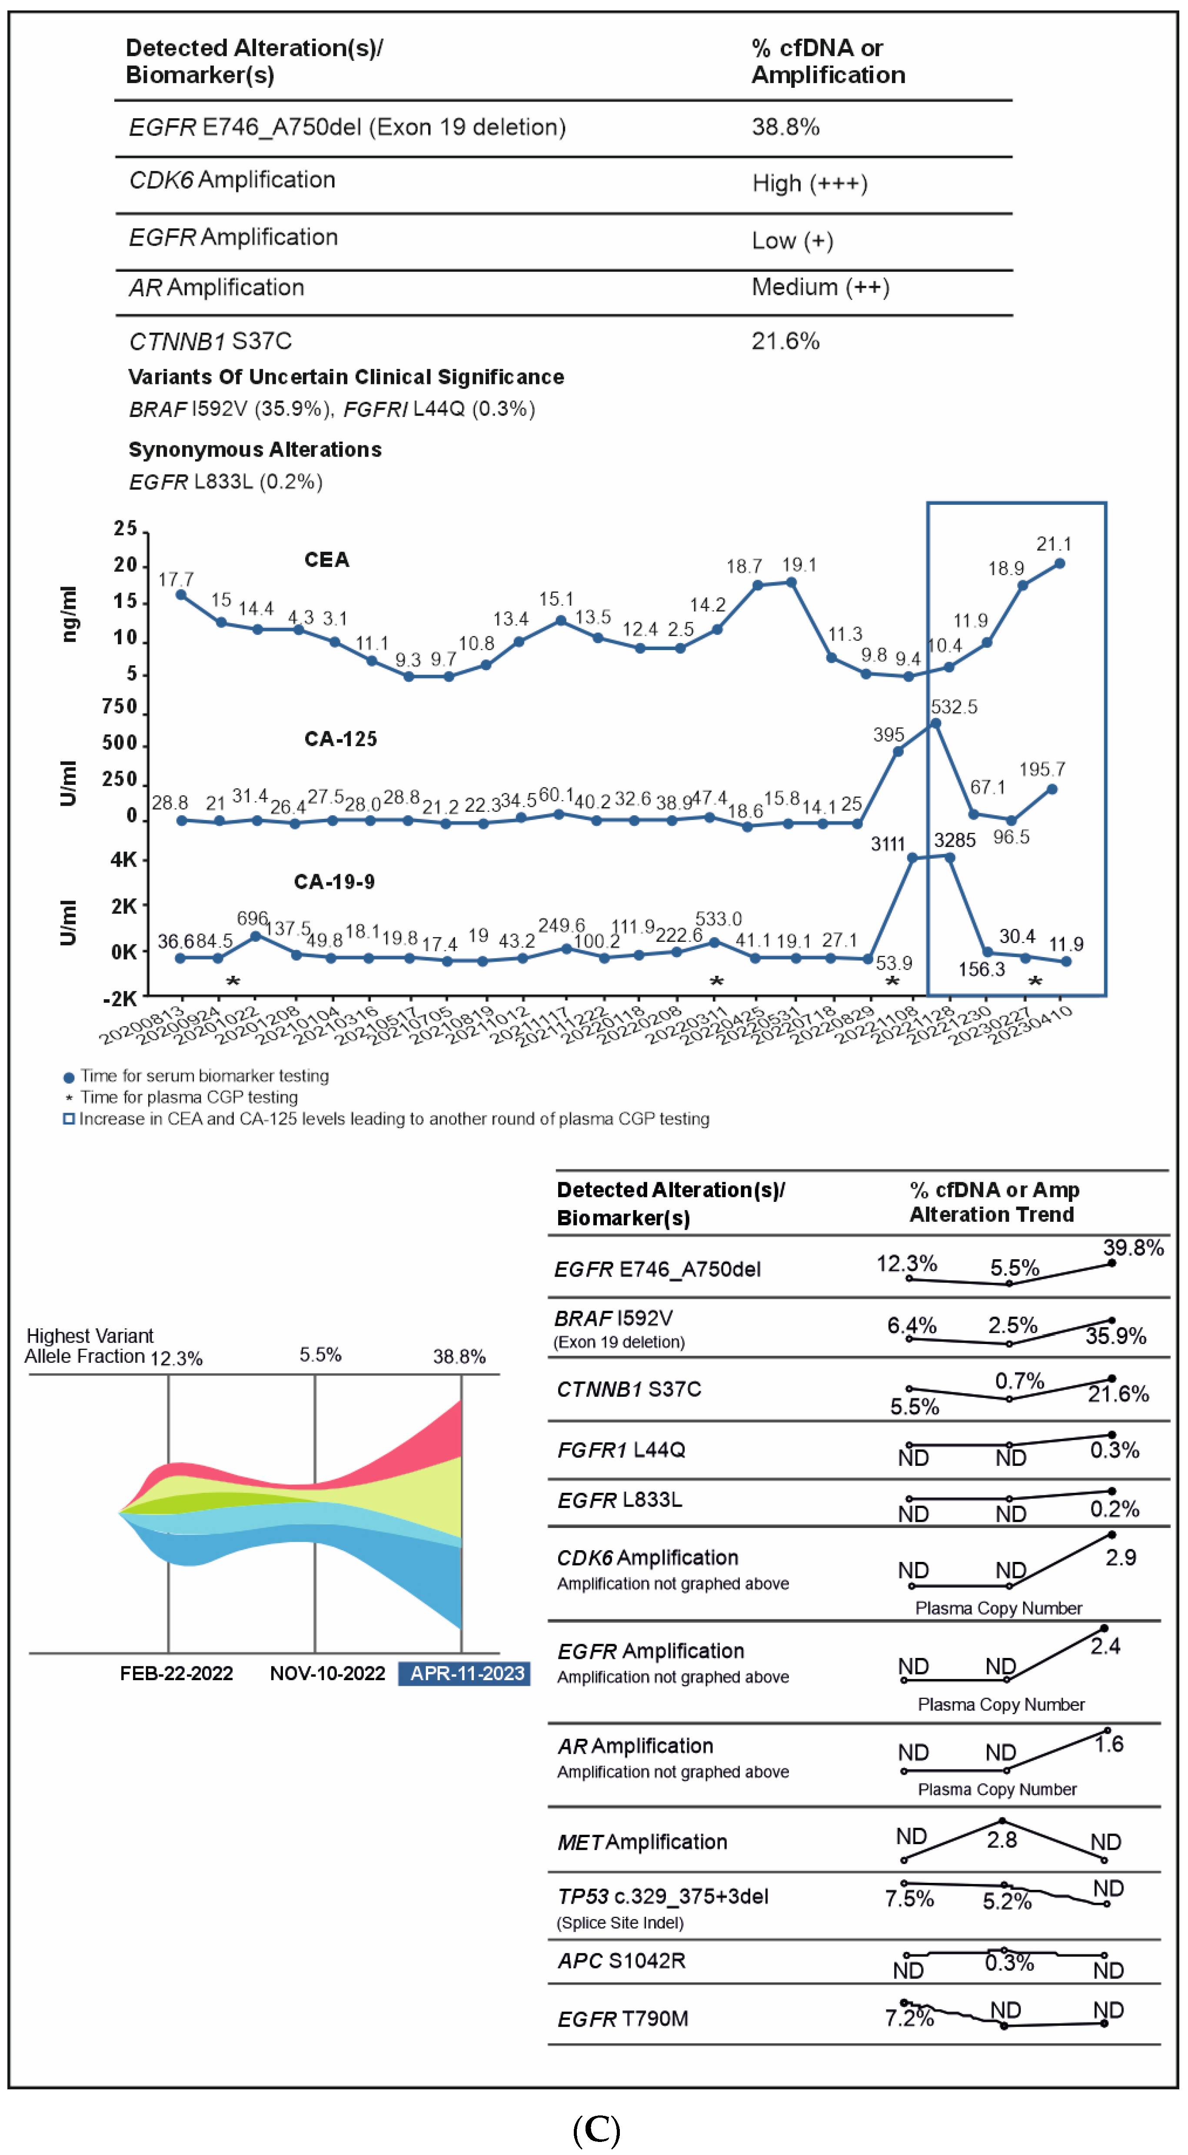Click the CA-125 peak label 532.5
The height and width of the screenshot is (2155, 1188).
(953, 707)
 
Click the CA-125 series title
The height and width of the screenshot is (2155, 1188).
(340, 739)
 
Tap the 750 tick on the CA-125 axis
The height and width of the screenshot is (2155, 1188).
(120, 707)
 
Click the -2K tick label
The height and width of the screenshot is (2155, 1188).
(120, 999)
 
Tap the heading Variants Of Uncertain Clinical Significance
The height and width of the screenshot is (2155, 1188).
(345, 377)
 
